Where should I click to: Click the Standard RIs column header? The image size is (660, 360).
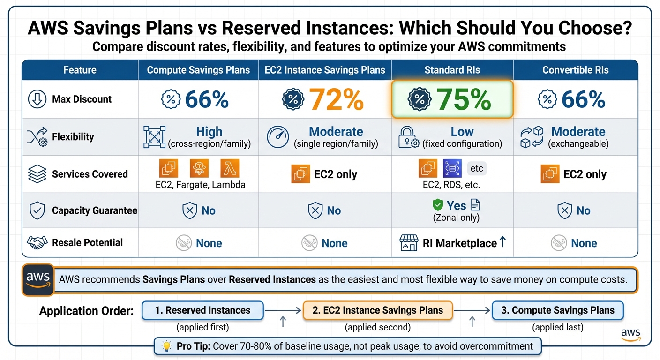coord(452,70)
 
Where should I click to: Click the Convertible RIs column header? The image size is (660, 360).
coord(575,70)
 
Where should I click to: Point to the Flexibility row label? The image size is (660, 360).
coord(73,137)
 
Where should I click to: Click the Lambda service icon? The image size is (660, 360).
coord(230,168)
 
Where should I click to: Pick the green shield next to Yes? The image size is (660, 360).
coord(437,205)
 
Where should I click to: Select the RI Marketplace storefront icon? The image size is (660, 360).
coord(408,243)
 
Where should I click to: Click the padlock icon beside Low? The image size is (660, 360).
coord(406,137)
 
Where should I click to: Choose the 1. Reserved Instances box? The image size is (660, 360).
coord(202,310)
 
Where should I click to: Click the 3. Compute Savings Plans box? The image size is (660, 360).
coord(557,310)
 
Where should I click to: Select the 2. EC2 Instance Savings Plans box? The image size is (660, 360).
coord(378,310)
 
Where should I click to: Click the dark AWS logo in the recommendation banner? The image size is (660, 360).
coord(38,279)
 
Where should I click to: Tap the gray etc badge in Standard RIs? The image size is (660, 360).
coord(476,168)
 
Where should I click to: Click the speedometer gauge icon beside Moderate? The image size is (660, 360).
coord(277,137)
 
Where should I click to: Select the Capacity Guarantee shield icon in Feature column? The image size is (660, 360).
coord(37,210)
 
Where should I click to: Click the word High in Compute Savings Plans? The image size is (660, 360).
coord(209,132)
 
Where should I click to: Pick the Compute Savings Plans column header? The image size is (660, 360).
coord(198,70)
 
